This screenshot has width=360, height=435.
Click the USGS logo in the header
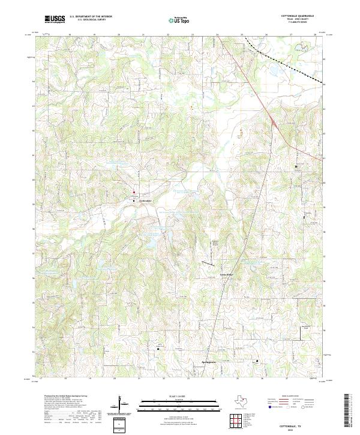[55, 19]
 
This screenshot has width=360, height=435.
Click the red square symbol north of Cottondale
[134, 193]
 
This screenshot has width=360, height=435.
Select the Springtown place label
[208, 364]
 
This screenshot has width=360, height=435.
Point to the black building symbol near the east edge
[295, 166]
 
